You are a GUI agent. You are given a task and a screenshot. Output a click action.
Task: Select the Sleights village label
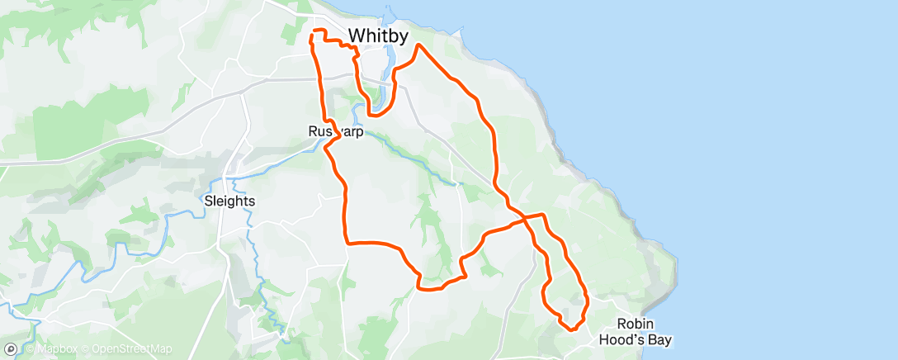point(229,201)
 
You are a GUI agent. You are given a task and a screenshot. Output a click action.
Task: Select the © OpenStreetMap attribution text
point(125,348)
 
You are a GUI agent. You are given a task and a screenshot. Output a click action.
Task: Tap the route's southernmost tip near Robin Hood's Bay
point(571,329)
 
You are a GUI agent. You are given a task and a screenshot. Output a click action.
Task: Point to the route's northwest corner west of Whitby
point(311,31)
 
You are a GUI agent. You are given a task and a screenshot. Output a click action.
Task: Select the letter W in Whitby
point(355,36)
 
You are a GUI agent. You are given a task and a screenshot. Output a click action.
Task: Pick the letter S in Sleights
point(207,201)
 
